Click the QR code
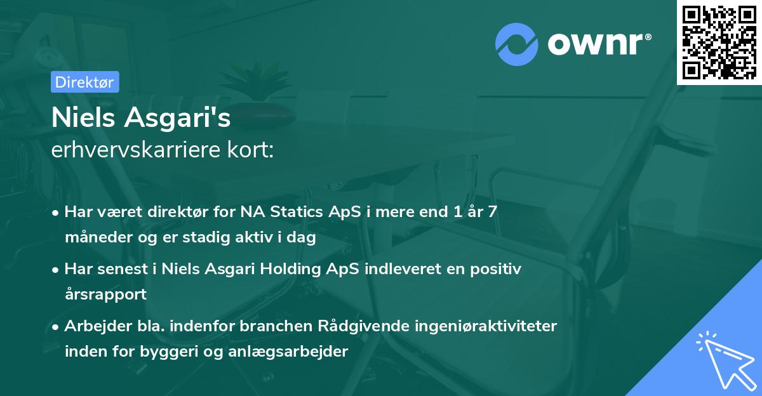pyautogui.click(x=719, y=42)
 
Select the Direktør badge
pyautogui.click(x=84, y=82)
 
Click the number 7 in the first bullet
pyautogui.click(x=491, y=212)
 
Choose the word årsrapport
pyautogui.click(x=105, y=295)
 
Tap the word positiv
pyautogui.click(x=493, y=269)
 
